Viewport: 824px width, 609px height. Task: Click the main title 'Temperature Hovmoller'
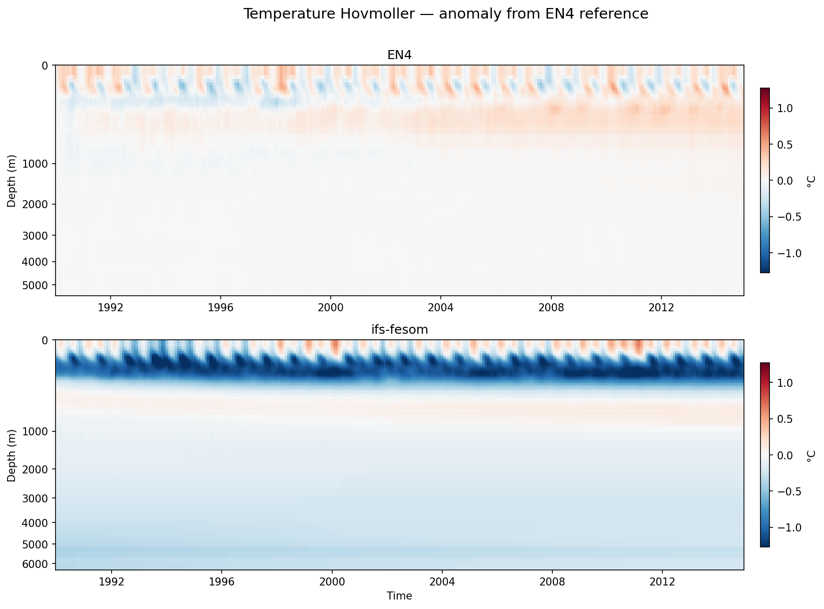pos(445,14)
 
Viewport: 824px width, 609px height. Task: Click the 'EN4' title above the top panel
pos(399,55)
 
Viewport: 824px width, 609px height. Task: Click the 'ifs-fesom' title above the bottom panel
pos(399,329)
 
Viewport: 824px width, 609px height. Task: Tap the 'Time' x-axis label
pos(399,596)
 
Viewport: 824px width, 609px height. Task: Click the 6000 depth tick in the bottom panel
pos(39,564)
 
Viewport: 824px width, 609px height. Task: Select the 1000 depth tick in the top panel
pos(39,164)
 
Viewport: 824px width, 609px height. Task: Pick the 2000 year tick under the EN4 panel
pos(331,307)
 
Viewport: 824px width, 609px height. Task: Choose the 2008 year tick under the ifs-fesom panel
pos(552,582)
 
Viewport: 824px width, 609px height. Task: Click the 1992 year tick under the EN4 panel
pos(111,307)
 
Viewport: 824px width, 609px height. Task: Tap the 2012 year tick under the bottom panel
pos(662,582)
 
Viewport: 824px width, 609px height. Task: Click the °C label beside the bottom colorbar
pos(811,455)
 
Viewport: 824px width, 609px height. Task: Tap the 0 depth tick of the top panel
pos(46,66)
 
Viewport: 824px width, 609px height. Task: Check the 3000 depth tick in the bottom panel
pos(39,498)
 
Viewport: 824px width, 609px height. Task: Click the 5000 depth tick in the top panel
pos(39,285)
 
